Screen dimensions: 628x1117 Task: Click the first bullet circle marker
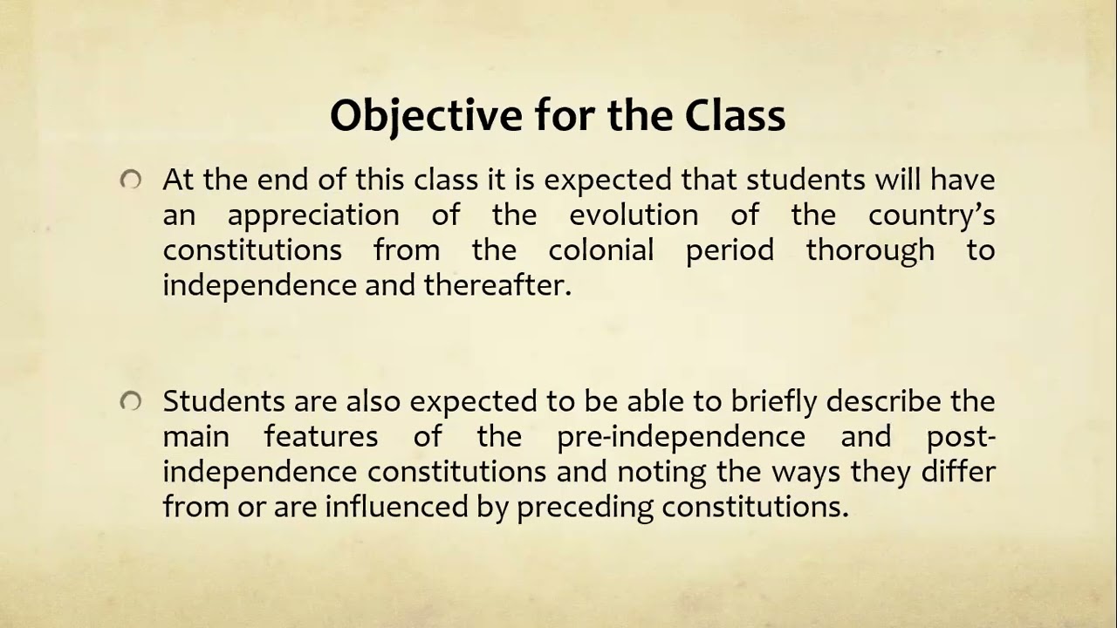(x=131, y=181)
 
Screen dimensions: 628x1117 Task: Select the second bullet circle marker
(x=131, y=401)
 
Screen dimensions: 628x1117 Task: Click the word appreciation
(x=313, y=215)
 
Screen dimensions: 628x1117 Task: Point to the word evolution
(x=634, y=215)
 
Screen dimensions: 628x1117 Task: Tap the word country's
(x=931, y=215)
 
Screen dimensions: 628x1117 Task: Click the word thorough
(x=869, y=250)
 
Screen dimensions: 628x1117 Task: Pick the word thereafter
(x=497, y=285)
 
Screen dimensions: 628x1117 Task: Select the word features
(x=321, y=436)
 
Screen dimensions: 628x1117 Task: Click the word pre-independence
(x=681, y=436)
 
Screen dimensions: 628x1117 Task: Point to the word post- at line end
(x=961, y=436)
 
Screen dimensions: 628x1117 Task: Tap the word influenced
(x=398, y=507)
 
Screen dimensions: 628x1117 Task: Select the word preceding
(x=585, y=507)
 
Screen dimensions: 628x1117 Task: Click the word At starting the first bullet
(x=178, y=181)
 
